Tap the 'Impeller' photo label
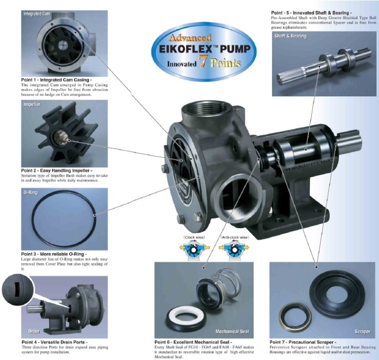coord(32,103)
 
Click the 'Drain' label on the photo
coord(33,331)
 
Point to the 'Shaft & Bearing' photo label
coord(290,36)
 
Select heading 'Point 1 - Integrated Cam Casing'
coord(56,80)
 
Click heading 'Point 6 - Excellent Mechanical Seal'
coord(194,342)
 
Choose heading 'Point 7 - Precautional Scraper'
coord(303,342)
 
